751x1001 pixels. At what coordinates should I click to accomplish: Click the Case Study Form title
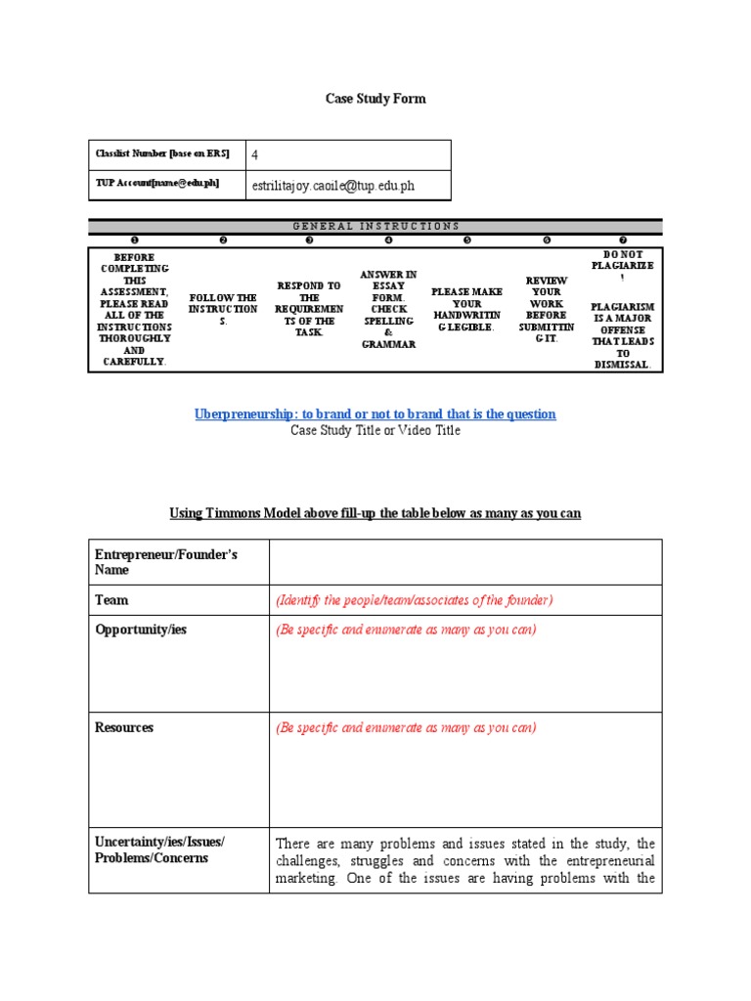coord(375,99)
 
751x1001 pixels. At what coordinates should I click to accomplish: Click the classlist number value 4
coord(255,154)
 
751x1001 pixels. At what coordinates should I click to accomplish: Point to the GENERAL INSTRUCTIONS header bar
coord(375,226)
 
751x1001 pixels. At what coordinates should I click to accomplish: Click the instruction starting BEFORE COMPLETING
coord(134,309)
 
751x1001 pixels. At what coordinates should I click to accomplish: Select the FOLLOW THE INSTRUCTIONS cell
coord(223,309)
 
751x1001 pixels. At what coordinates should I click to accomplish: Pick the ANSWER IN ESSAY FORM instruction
coord(388,309)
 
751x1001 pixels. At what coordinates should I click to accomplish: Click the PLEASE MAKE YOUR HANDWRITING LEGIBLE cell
coord(466,309)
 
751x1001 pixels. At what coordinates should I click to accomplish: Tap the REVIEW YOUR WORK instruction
coord(546,309)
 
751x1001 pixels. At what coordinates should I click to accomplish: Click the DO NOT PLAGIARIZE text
coord(623,265)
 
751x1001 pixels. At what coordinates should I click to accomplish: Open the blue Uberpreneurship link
coord(375,414)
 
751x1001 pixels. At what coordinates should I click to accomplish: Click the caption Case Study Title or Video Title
coord(375,430)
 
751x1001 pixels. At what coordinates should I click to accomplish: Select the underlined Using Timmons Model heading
coord(375,513)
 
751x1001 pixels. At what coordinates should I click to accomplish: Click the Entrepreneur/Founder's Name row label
coord(166,561)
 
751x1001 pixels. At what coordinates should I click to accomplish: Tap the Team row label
coord(111,599)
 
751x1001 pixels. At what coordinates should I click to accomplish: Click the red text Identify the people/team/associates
coord(415,599)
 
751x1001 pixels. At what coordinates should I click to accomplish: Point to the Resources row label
coord(124,727)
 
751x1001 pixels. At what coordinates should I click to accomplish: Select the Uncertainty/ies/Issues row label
coord(159,850)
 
